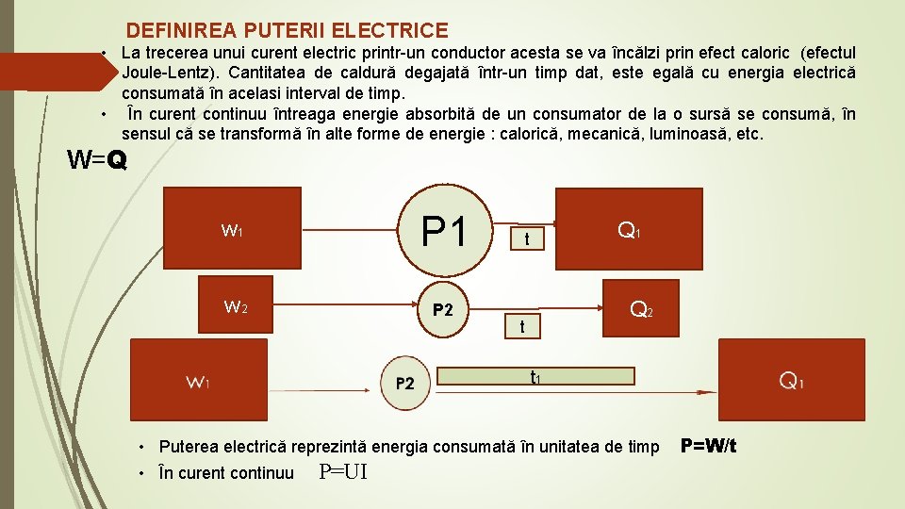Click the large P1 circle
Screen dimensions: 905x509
447,232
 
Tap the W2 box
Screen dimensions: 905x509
235,306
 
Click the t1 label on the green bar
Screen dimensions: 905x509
535,377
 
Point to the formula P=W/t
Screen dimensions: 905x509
708,445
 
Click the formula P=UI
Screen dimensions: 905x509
343,472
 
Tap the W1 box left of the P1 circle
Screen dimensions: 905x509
233,231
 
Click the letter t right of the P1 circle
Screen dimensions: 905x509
528,240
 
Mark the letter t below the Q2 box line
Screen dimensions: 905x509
522,326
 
